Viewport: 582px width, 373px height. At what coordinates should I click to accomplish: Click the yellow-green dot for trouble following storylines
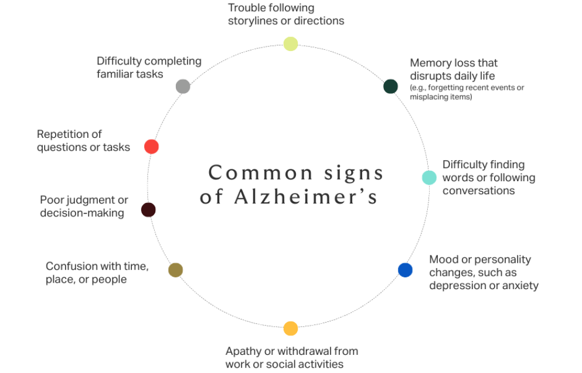tap(291, 44)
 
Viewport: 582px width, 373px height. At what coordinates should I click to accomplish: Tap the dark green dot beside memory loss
tap(390, 86)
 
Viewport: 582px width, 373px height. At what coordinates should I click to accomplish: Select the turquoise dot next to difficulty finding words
tap(429, 177)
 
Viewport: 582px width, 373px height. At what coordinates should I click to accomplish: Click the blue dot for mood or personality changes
tap(405, 270)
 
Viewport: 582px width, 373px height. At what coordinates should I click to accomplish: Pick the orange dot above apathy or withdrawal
tap(291, 328)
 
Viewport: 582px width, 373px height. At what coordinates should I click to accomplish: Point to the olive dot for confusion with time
tap(175, 270)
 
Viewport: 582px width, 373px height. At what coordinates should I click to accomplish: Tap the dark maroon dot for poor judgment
tap(148, 209)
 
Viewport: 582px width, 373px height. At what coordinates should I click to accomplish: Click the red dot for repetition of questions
tap(151, 147)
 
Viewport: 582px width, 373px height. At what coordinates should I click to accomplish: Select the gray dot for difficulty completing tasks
tap(183, 86)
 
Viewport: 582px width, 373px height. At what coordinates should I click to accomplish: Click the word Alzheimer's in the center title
tap(306, 198)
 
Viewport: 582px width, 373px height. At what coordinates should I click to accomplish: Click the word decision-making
tap(82, 213)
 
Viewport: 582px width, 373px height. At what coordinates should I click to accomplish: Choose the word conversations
tap(478, 191)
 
